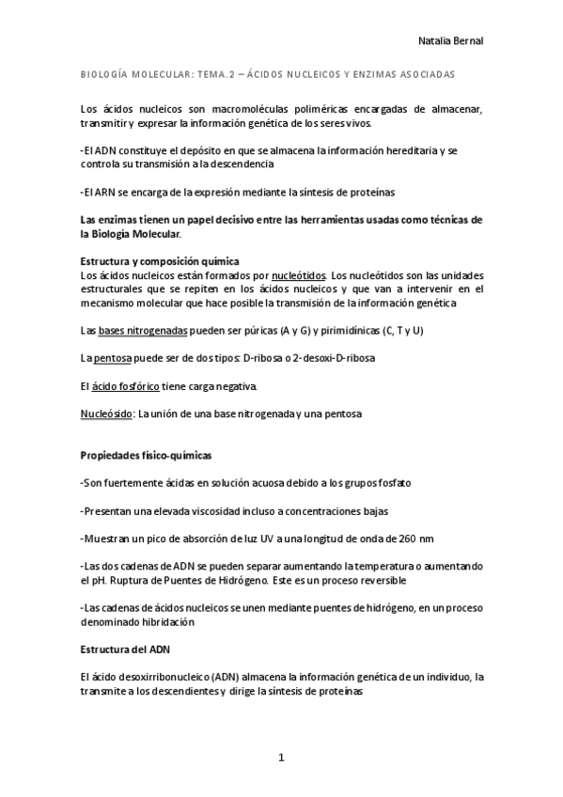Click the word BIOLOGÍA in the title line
pyautogui.click(x=102, y=73)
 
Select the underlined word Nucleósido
pyautogui.click(x=106, y=414)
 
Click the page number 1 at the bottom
pyautogui.click(x=281, y=758)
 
